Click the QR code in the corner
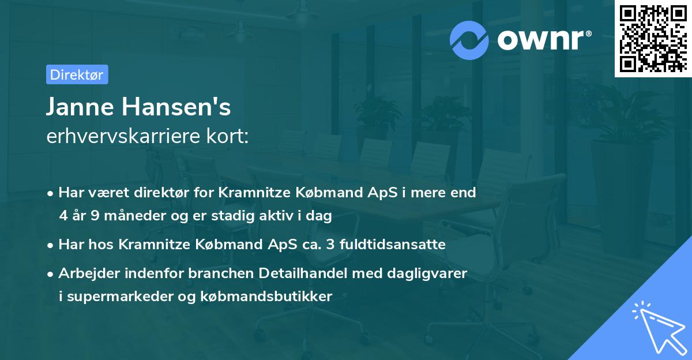click(653, 39)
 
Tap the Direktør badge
click(77, 74)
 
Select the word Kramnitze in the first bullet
click(251, 193)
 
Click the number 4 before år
click(63, 216)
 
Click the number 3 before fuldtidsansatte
click(330, 245)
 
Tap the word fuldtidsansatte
click(392, 245)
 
